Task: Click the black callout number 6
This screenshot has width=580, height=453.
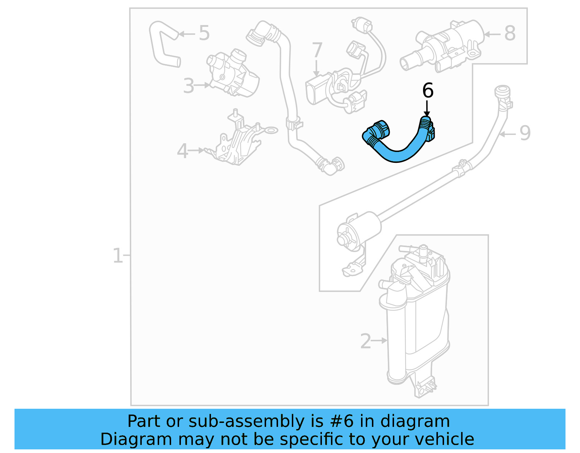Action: [428, 90]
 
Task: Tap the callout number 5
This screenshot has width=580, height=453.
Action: [204, 33]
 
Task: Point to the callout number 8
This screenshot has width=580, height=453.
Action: [510, 33]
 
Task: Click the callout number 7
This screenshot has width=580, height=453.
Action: [317, 50]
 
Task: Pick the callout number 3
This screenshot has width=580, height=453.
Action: [188, 86]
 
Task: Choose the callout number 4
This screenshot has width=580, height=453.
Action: [182, 151]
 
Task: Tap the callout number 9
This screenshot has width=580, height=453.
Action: [525, 133]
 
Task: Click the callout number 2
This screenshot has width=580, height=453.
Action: [365, 341]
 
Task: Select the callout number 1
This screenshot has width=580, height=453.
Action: [117, 256]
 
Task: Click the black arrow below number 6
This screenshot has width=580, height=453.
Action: [427, 109]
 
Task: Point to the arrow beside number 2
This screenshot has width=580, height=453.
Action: [380, 341]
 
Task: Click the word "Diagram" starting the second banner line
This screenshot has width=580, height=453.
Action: [136, 439]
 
